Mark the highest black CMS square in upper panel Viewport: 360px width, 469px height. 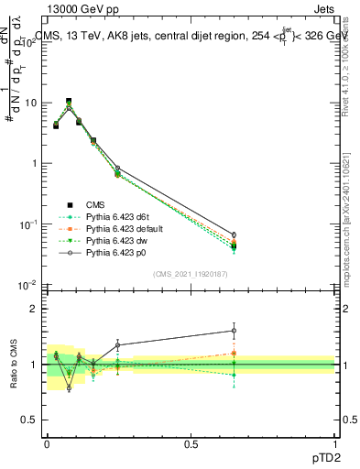click(x=69, y=102)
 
